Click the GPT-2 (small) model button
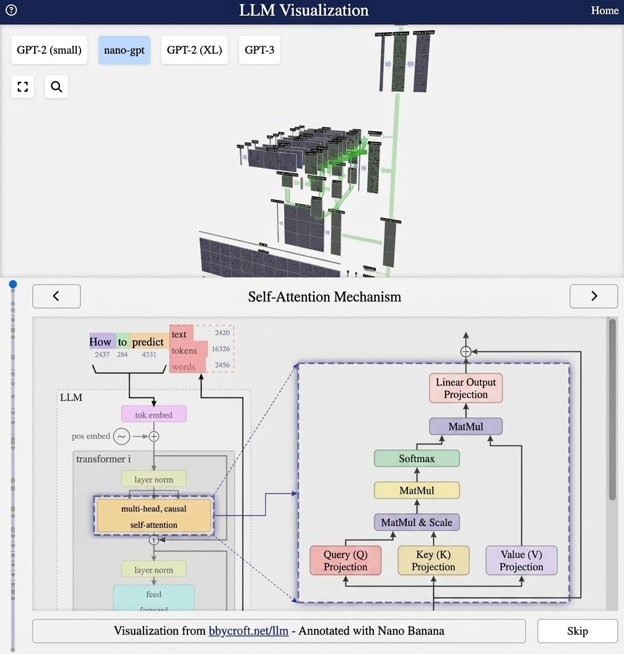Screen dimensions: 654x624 pyautogui.click(x=49, y=50)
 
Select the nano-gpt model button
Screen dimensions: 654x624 pyautogui.click(x=124, y=50)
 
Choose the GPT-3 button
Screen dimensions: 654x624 pyautogui.click(x=259, y=50)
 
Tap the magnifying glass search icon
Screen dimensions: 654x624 pyautogui.click(x=56, y=87)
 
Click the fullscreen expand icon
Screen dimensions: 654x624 pyautogui.click(x=23, y=87)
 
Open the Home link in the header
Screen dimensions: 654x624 pyautogui.click(x=604, y=11)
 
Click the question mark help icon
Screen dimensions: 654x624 pyautogui.click(x=11, y=10)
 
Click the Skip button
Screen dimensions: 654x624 pyautogui.click(x=577, y=631)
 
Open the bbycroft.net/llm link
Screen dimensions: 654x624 pyautogui.click(x=249, y=631)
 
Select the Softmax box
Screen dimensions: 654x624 pyautogui.click(x=417, y=459)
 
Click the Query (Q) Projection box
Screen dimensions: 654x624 pyautogui.click(x=345, y=560)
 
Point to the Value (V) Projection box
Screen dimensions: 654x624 pyautogui.click(x=521, y=560)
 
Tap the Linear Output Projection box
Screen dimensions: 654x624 pyautogui.click(x=466, y=388)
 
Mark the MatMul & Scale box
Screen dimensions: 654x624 pyautogui.click(x=417, y=522)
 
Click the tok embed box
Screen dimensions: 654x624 pyautogui.click(x=154, y=414)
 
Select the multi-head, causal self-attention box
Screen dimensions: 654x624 pyautogui.click(x=154, y=517)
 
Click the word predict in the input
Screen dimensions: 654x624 pyautogui.click(x=148, y=342)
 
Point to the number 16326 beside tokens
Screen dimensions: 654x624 pyautogui.click(x=220, y=349)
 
